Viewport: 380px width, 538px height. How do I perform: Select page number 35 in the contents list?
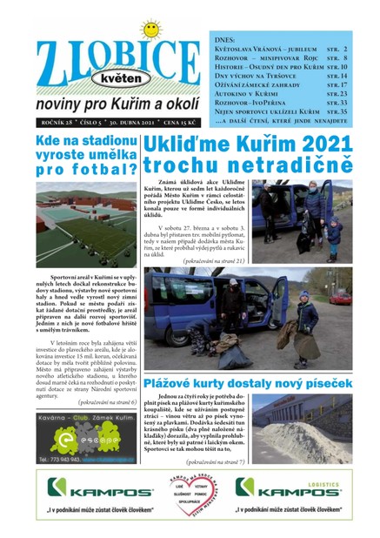pyautogui.click(x=343, y=112)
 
